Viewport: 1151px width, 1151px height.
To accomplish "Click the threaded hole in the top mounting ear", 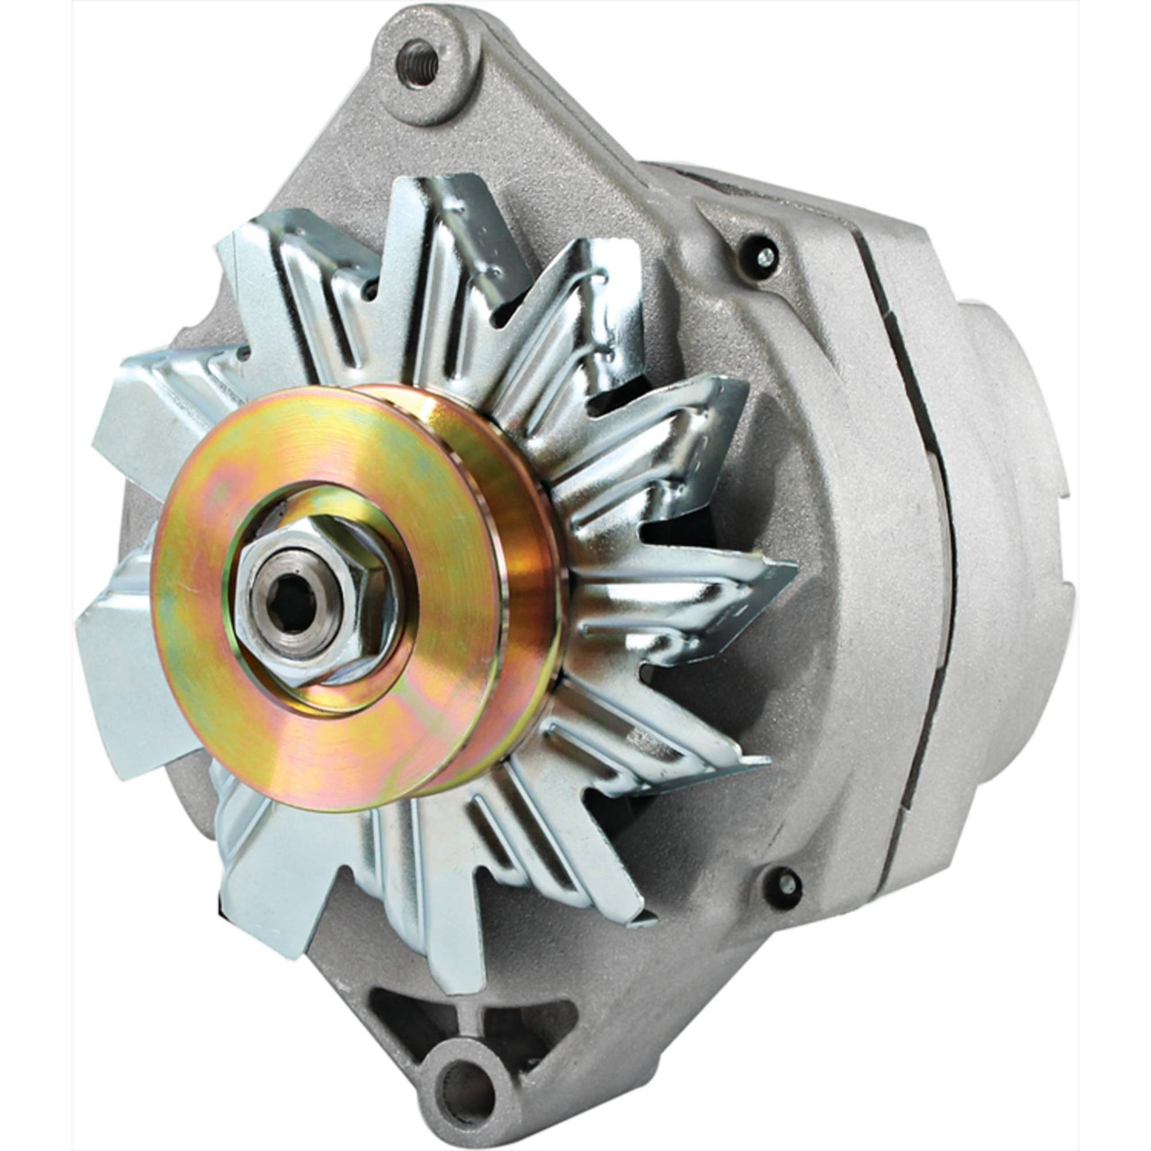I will click(419, 63).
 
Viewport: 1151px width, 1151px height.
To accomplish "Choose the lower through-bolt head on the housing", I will click(784, 883).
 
